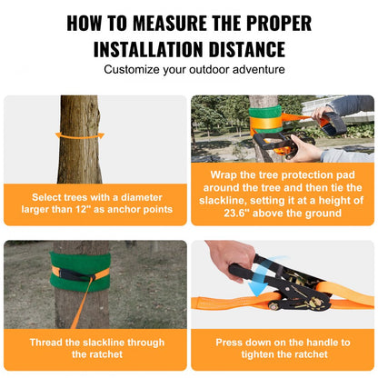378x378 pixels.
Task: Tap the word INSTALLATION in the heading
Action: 154,48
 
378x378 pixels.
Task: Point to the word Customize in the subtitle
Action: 135,70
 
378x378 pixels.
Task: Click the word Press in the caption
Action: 231,343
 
